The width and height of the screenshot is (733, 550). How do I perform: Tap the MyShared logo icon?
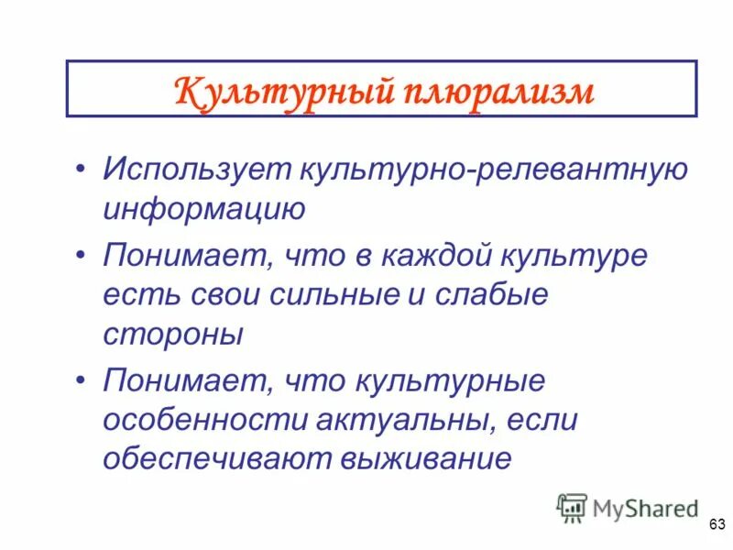click(x=573, y=507)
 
